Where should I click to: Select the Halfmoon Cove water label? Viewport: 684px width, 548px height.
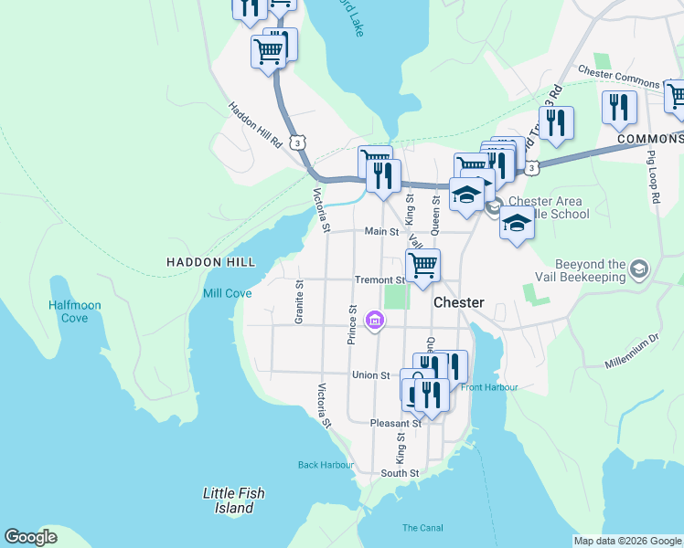(x=75, y=311)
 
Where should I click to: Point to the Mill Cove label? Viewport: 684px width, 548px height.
(x=227, y=293)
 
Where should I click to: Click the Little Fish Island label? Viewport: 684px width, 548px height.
(x=234, y=500)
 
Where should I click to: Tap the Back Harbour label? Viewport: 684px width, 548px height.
(x=326, y=465)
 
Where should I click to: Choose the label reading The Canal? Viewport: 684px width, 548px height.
(x=422, y=528)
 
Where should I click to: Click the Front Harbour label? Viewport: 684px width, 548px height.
(x=489, y=387)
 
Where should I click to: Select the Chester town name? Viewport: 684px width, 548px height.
(x=458, y=302)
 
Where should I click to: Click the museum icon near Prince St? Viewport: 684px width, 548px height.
(x=374, y=320)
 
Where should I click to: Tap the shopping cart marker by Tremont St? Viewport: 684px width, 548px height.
(x=422, y=266)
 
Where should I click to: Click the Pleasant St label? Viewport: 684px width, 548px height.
(x=395, y=424)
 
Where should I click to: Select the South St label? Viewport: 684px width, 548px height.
(x=400, y=473)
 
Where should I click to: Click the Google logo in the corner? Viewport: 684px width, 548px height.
(x=30, y=537)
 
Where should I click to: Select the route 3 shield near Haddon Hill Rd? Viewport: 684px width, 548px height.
(x=297, y=142)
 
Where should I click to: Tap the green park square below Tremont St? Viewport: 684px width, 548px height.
(x=395, y=297)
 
